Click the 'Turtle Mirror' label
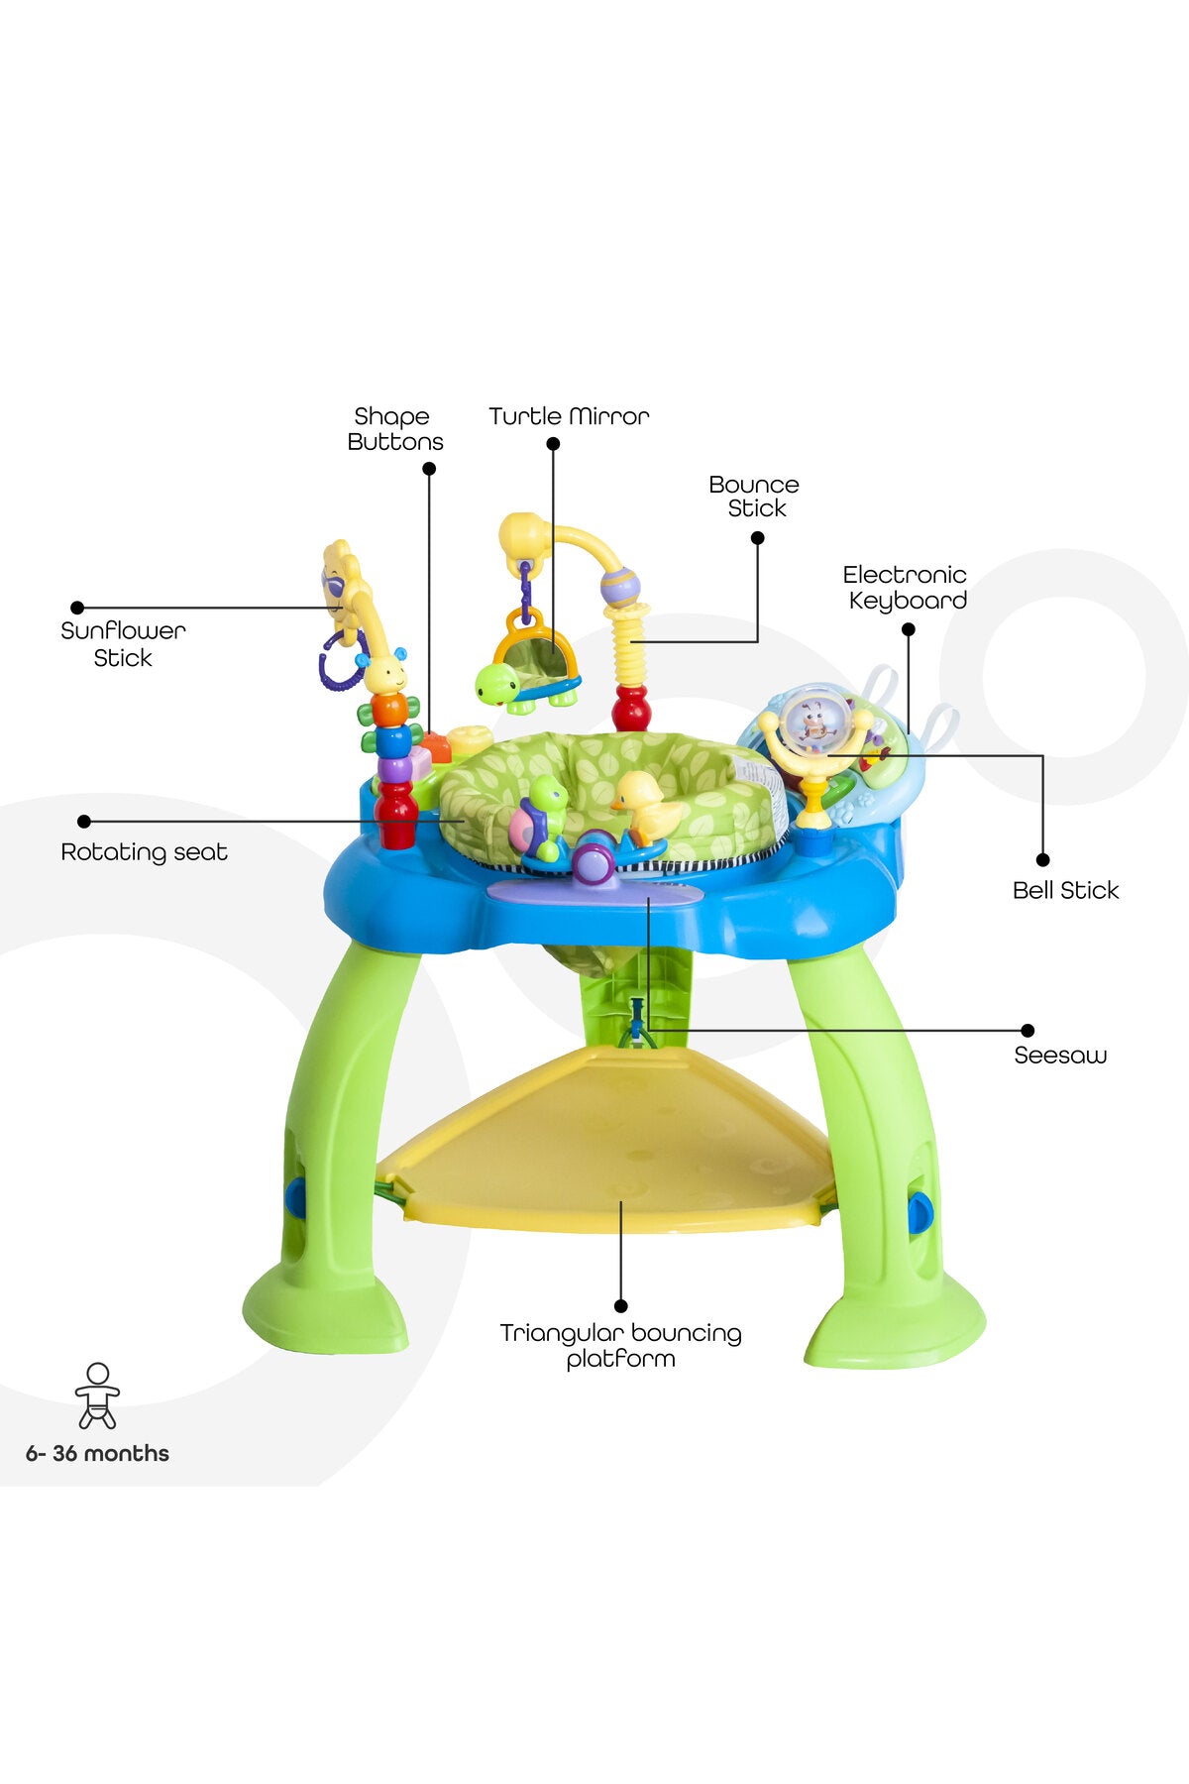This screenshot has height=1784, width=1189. coord(569,416)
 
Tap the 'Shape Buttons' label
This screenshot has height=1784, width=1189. coord(394,429)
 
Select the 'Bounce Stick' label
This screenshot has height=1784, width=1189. coord(754,497)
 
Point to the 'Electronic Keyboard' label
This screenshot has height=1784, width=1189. coord(906,588)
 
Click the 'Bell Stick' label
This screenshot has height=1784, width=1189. coord(1065,890)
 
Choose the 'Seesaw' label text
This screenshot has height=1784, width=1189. coord(1060,1056)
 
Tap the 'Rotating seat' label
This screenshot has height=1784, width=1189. coord(144,852)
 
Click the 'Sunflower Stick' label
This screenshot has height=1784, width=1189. coord(123,644)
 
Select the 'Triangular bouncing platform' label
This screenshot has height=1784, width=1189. coord(621,1346)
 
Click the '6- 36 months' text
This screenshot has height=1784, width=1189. coord(97,1454)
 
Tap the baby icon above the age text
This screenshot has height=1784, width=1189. coord(97,1395)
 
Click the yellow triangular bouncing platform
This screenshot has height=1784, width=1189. coord(606,1140)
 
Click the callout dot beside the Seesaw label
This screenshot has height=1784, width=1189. coord(1027,1031)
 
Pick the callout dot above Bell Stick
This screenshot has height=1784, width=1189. coord(1042,859)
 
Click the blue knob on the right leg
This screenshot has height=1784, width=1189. coord(920,1212)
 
